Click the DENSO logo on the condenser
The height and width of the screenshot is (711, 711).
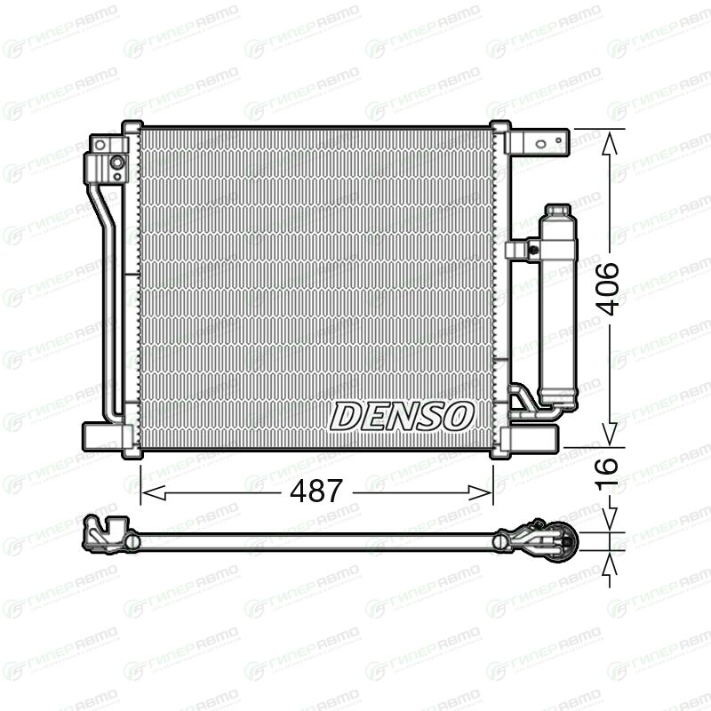click(x=402, y=416)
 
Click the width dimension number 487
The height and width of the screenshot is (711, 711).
click(x=316, y=491)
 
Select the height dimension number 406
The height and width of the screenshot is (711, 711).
click(x=607, y=288)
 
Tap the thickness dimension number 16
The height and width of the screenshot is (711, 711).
click(x=607, y=474)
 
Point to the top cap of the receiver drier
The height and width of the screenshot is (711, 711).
click(x=558, y=211)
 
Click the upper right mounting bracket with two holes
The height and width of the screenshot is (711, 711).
click(x=538, y=143)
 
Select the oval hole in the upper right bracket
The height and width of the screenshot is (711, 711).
click(x=540, y=144)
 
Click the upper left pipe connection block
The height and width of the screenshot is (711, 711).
click(x=107, y=159)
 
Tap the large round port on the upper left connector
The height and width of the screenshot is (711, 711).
click(x=117, y=162)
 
